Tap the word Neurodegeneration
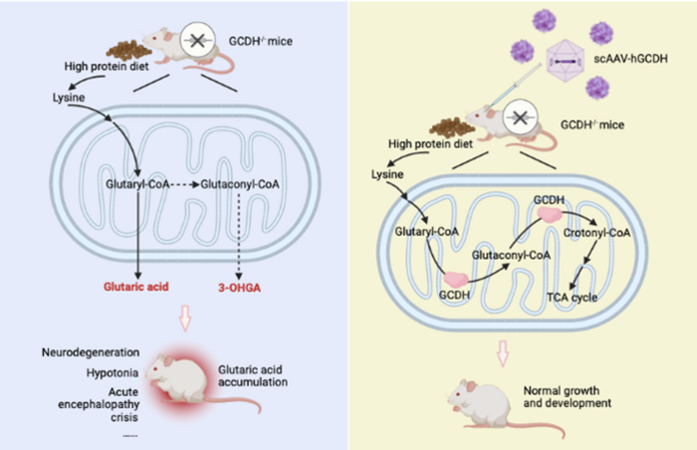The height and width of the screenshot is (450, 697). (x=91, y=353)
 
